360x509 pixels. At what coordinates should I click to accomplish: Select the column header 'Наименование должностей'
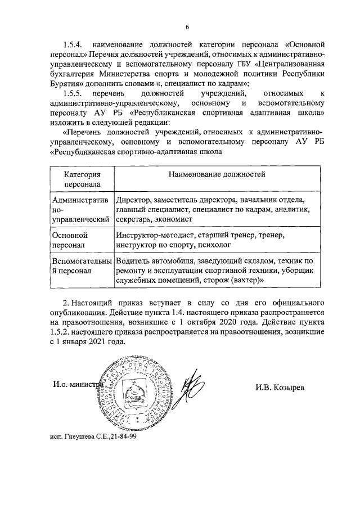pos(217,174)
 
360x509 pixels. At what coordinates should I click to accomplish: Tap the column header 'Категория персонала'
pos(82,179)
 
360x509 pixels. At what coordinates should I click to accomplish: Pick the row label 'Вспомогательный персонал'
pos(81,265)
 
